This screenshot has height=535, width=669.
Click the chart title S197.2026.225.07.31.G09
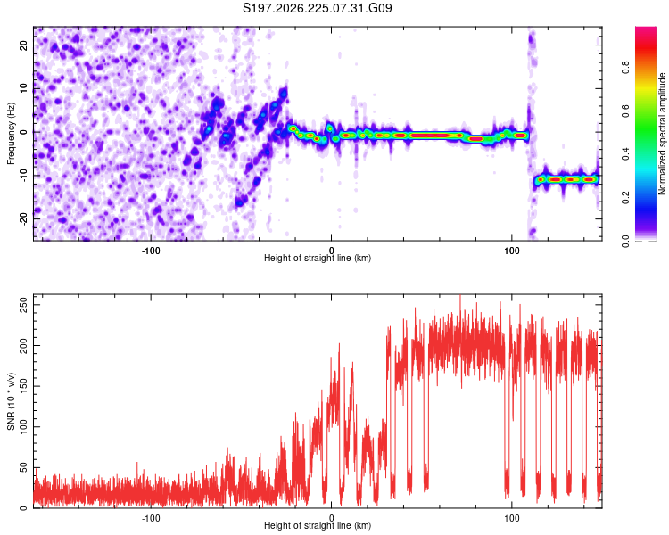(x=317, y=8)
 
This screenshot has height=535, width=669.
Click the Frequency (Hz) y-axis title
(x=11, y=134)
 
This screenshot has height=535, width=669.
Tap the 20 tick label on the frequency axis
(x=24, y=45)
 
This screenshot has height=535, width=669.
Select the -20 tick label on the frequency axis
(x=24, y=218)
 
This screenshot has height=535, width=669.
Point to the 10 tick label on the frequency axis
(x=24, y=89)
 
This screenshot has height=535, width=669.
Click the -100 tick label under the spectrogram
(x=151, y=251)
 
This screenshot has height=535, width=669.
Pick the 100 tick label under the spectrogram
(x=512, y=251)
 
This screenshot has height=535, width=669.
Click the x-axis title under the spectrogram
(x=318, y=258)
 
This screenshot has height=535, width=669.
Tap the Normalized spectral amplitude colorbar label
(x=662, y=134)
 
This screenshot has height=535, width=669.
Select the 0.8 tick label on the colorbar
(x=625, y=68)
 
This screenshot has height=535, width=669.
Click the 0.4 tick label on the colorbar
(x=625, y=154)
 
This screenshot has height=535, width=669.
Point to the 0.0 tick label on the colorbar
(x=625, y=241)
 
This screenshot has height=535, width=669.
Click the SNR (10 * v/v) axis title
(x=11, y=401)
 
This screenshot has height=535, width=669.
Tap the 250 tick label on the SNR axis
(x=24, y=305)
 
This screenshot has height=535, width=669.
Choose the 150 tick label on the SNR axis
(x=24, y=386)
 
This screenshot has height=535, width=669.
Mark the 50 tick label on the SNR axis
(x=24, y=467)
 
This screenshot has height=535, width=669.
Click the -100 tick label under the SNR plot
(x=151, y=518)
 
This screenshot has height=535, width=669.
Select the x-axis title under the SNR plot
(x=318, y=525)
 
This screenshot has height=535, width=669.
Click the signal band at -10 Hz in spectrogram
(x=566, y=179)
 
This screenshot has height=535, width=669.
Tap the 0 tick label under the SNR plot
(x=331, y=518)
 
